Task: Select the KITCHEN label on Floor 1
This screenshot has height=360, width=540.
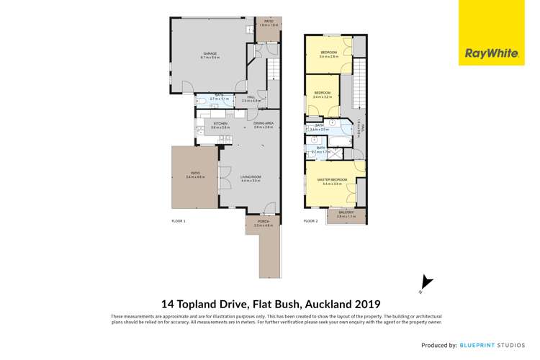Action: (x=220, y=124)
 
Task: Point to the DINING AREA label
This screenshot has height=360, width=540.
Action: (x=263, y=124)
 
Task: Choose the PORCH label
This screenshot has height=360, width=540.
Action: (x=262, y=222)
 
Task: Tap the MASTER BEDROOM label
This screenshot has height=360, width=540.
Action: (x=335, y=179)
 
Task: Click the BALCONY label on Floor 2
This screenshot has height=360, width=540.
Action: (x=346, y=212)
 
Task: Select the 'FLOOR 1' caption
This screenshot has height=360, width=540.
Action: (x=179, y=220)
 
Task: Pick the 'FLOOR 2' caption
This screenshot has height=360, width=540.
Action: (x=310, y=220)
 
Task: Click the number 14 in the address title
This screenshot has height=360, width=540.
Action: (x=166, y=304)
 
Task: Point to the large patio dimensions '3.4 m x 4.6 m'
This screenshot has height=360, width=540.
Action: (x=195, y=176)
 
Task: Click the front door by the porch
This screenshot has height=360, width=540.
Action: (x=269, y=210)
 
